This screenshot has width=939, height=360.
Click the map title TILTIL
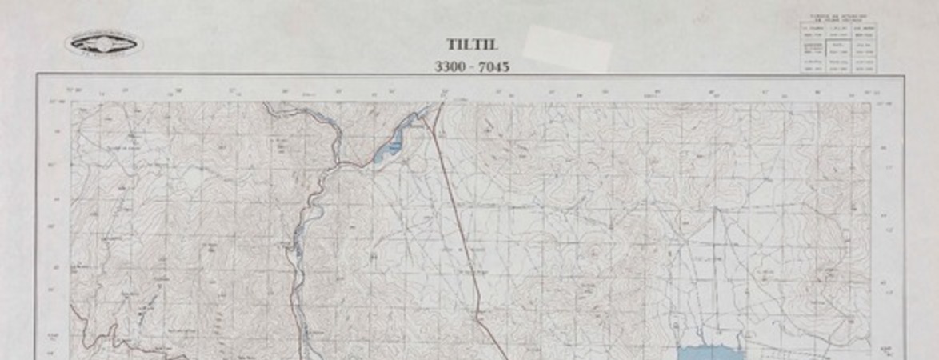click(471, 46)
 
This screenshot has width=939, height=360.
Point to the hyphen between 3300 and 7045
click(471, 67)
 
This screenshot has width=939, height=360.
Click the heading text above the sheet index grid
click(838, 18)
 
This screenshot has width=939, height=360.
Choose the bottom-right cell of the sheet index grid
click(863, 68)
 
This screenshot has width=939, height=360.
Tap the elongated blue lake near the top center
click(393, 145)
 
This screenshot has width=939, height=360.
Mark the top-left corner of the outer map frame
click(37, 75)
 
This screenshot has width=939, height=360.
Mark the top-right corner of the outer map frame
click(904, 75)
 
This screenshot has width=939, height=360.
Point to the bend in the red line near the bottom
click(479, 318)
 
